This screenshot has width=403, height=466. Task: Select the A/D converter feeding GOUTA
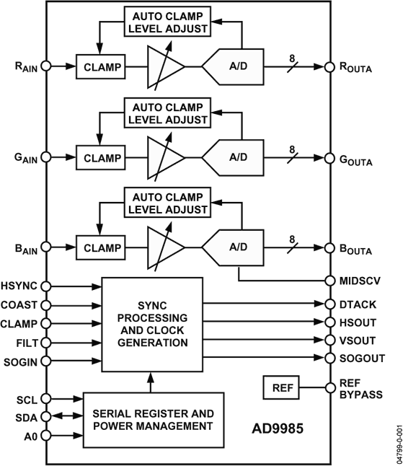coord(234,156)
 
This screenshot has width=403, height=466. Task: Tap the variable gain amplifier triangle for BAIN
coord(165,246)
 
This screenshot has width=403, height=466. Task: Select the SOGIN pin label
coord(19,361)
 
